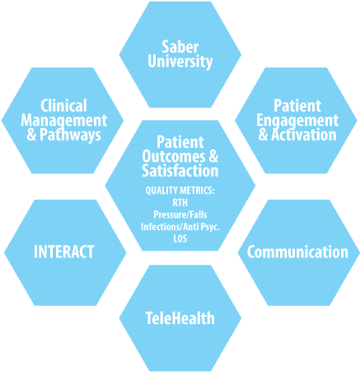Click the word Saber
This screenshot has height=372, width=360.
(180, 47)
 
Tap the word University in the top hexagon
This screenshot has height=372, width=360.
(180, 62)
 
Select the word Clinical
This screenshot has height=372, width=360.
(63, 106)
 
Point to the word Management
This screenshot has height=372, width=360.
(63, 121)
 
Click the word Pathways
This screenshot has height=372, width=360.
(70, 135)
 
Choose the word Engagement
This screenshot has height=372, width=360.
(297, 121)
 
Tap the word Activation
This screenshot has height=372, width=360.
(304, 135)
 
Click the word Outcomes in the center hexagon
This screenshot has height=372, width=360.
(174, 157)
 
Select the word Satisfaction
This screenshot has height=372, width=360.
(180, 171)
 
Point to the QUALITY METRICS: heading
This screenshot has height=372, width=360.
(180, 191)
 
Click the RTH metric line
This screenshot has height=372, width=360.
(180, 203)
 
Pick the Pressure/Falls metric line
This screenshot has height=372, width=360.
(180, 214)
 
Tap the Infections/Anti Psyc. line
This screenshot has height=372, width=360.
(180, 227)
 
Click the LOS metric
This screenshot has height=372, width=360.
(180, 238)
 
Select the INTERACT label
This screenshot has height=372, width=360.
(64, 252)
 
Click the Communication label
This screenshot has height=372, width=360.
(297, 252)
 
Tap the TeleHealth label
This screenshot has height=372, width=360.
(180, 318)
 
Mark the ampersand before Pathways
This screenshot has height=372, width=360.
(31, 135)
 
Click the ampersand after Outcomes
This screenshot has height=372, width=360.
(213, 157)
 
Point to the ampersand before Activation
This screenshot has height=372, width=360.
(263, 135)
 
